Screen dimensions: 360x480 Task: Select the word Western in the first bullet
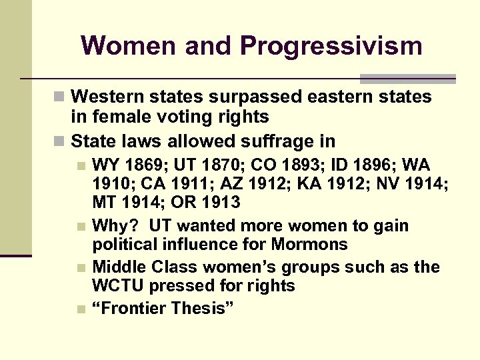point(107,97)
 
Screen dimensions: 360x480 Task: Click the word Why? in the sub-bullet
point(111,225)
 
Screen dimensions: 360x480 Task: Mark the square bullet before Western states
point(61,97)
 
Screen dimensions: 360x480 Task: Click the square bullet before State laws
point(61,142)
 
